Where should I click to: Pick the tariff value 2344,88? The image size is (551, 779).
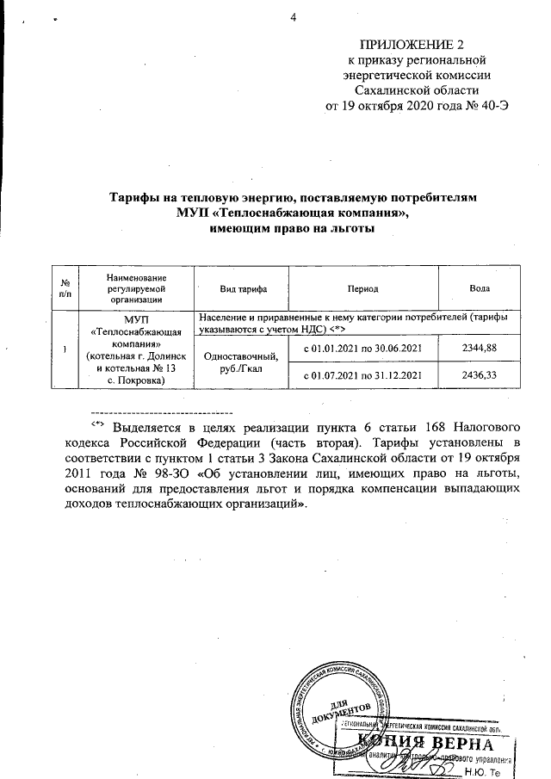pos(480,347)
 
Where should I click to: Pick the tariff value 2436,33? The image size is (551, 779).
pos(480,375)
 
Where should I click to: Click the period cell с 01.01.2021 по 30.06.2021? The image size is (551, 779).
pos(362,347)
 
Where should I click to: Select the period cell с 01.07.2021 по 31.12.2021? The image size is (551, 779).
pos(362,375)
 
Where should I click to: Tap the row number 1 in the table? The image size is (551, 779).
pos(65,348)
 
